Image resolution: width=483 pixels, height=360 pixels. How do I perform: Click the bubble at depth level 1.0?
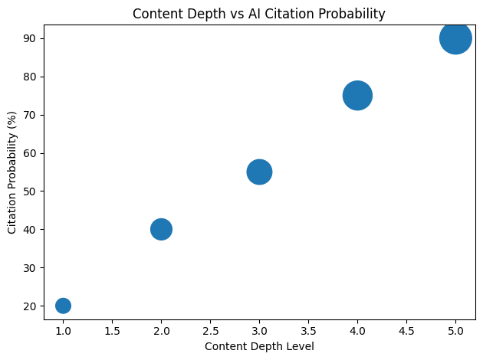[x=63, y=306]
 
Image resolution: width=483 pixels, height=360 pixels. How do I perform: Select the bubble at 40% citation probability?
[x=161, y=229]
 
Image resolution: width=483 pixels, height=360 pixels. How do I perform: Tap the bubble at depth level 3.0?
[x=259, y=172]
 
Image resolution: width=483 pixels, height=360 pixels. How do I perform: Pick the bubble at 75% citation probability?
[x=357, y=96]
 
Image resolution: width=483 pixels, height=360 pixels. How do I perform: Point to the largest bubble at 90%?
[x=455, y=38]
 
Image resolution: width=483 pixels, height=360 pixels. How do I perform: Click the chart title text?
[x=259, y=13]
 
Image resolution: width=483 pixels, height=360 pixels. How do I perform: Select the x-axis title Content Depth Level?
[x=259, y=346]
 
